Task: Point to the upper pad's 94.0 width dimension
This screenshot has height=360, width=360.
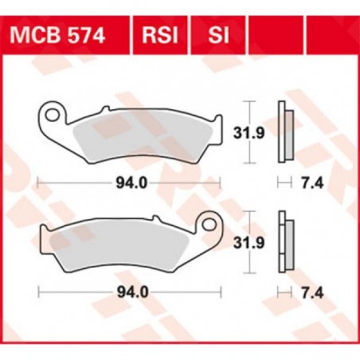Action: (129, 184)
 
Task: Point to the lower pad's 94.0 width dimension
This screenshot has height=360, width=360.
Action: (129, 292)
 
